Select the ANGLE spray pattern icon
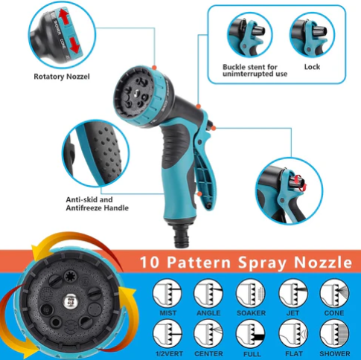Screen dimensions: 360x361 208,292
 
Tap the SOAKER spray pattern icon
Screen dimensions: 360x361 249,292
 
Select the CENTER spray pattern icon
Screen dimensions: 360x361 208,332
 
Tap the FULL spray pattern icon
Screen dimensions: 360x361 249,332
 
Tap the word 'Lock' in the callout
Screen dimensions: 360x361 312,66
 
